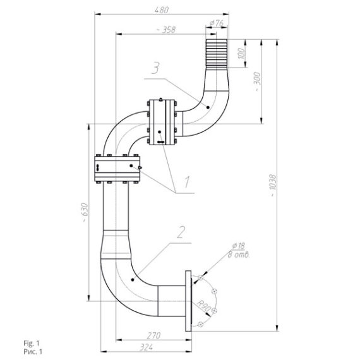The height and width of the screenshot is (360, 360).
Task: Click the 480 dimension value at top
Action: click(x=162, y=10)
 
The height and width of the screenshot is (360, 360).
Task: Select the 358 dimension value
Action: click(x=169, y=30)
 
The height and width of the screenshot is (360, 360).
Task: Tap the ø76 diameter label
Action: click(x=217, y=23)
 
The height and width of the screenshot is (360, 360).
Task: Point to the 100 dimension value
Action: click(x=241, y=53)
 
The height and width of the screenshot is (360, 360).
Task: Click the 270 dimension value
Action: click(x=153, y=335)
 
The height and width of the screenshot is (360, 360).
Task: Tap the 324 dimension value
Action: click(x=147, y=347)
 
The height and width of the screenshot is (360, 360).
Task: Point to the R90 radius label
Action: click(x=203, y=305)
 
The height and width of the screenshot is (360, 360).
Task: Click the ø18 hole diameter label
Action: click(x=239, y=246)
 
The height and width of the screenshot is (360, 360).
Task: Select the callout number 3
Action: click(x=155, y=68)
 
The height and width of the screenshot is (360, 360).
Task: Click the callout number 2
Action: click(x=181, y=232)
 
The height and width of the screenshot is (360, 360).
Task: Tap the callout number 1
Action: click(x=187, y=182)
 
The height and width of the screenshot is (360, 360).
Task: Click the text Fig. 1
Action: click(x=32, y=344)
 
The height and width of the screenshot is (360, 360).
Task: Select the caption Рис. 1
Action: click(x=33, y=352)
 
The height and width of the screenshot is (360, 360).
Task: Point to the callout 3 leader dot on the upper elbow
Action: click(x=208, y=107)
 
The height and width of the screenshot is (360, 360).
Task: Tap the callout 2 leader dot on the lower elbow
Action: click(x=133, y=280)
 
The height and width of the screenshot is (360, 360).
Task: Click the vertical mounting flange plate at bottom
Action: click(x=188, y=301)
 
